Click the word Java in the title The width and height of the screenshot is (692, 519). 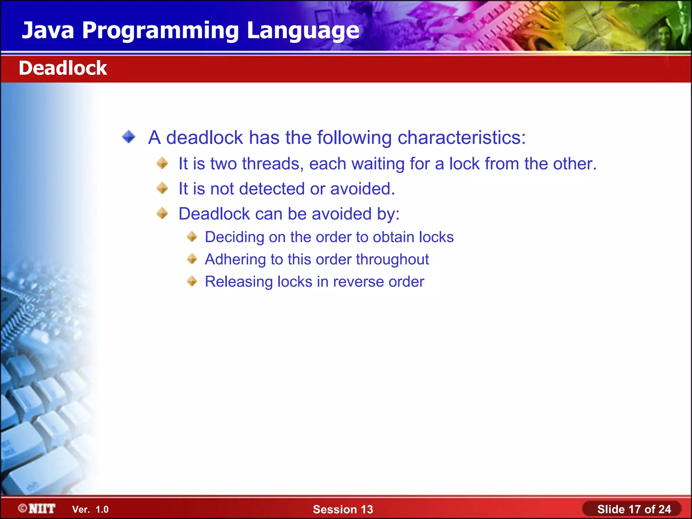point(48,30)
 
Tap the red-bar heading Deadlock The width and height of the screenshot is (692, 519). point(63,68)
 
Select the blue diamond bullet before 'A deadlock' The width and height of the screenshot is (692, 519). point(129,137)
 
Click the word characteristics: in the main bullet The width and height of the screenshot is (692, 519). point(462,138)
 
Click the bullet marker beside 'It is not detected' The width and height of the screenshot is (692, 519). point(163,188)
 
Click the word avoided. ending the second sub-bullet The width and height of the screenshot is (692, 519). point(362,189)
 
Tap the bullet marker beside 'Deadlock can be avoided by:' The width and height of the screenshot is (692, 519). point(163,213)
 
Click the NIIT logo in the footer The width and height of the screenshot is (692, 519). point(37,509)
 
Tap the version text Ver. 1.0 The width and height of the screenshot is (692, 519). point(90,510)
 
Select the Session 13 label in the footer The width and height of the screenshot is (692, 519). point(343,509)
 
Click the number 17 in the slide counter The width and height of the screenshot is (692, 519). point(635,509)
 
